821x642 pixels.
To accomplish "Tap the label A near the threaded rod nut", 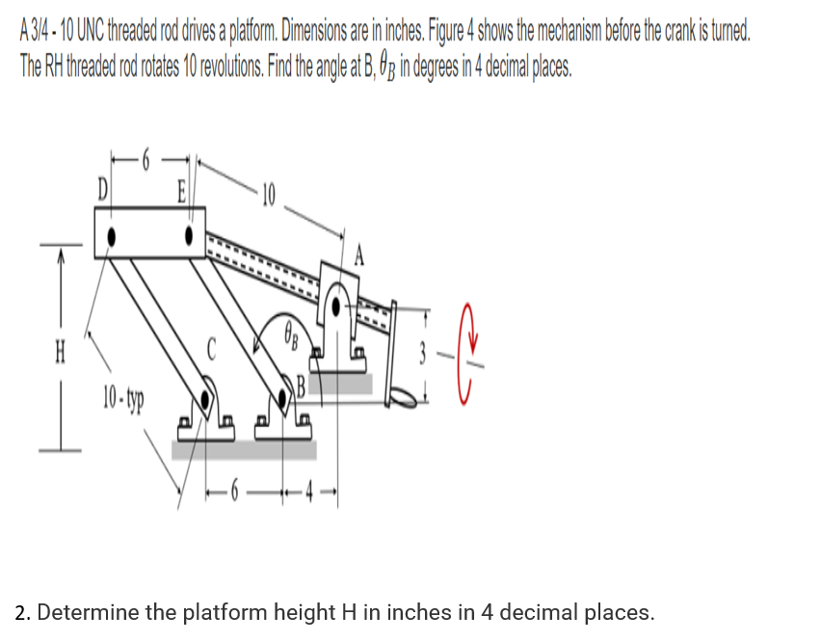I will click(x=361, y=255).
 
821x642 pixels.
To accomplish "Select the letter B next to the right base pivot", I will click(x=301, y=389).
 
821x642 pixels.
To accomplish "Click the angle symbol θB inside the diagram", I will click(x=291, y=337).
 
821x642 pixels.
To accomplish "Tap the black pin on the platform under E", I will click(x=189, y=233).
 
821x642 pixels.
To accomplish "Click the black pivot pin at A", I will click(x=335, y=307).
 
